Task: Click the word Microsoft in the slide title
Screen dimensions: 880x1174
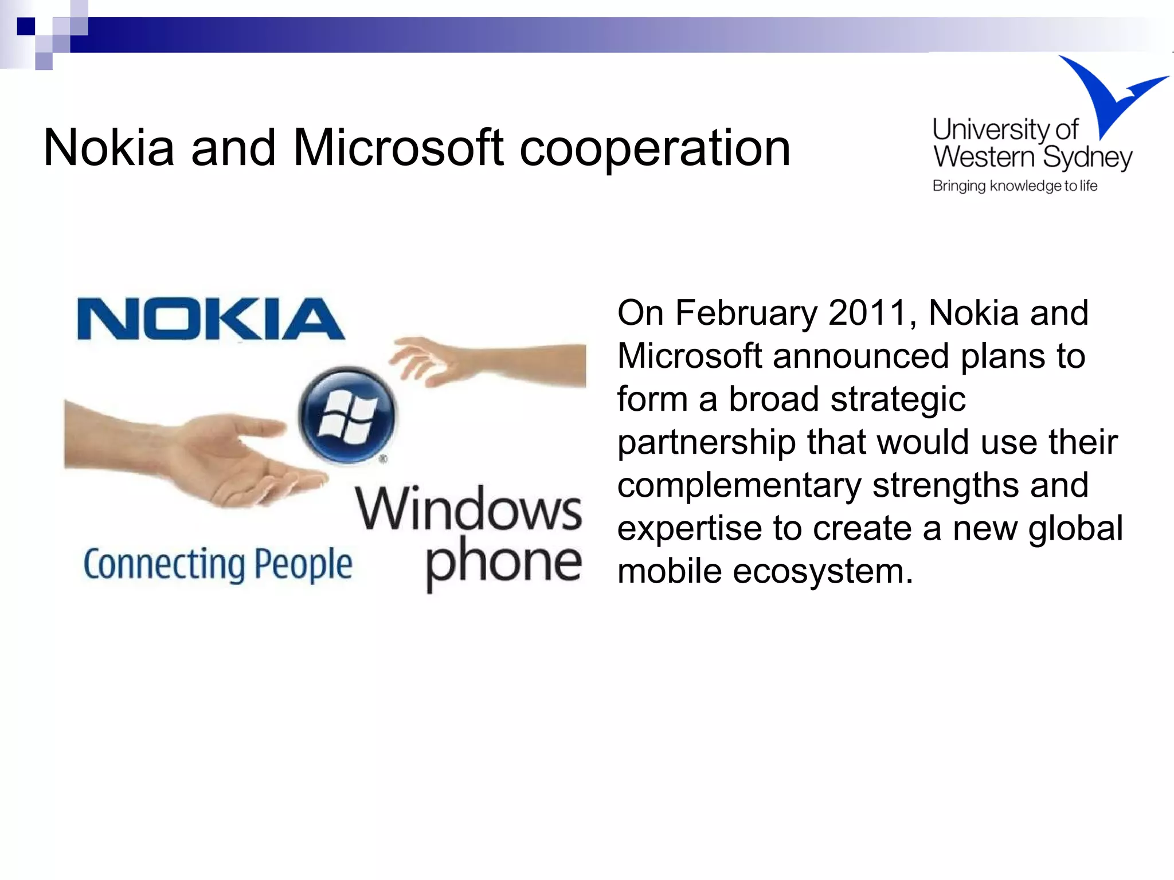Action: click(x=398, y=148)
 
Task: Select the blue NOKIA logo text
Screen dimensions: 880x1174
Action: click(x=210, y=319)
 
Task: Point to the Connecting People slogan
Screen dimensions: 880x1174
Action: click(x=218, y=565)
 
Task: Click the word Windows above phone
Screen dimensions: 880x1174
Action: click(x=468, y=508)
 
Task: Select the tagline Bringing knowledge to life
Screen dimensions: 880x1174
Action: click(x=1015, y=186)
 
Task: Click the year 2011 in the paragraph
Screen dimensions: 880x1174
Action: click(x=868, y=313)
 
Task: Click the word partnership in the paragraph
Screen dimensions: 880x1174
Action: click(x=706, y=443)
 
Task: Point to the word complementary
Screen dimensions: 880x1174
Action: click(x=739, y=486)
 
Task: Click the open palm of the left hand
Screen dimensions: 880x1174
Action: click(x=229, y=453)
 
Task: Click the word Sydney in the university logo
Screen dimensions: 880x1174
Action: click(x=1087, y=158)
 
